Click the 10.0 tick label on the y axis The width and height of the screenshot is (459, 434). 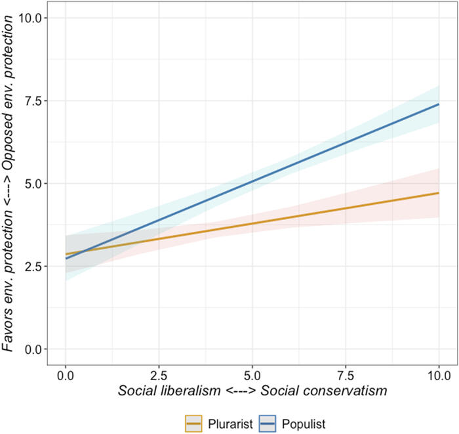pos(30,18)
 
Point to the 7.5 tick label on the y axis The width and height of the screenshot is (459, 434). pos(32,100)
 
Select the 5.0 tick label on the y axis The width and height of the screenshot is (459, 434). pos(32,183)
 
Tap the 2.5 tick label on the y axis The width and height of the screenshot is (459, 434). pos(32,266)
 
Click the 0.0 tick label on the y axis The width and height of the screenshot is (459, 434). pos(32,349)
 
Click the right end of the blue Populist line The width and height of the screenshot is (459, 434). pos(438,104)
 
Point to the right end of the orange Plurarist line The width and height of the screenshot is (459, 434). pos(438,193)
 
